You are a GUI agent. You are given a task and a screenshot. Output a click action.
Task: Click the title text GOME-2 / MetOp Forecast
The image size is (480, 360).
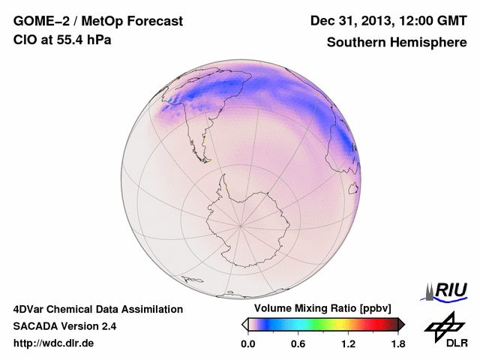[97, 22]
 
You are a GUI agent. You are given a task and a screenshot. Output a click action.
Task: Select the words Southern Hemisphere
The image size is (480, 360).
[397, 43]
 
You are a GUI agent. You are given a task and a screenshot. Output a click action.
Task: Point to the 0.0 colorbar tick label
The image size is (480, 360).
[247, 343]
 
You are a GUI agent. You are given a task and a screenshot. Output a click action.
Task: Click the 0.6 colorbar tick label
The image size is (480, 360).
[298, 343]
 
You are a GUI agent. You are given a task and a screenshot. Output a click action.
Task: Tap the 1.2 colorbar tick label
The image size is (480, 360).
[348, 343]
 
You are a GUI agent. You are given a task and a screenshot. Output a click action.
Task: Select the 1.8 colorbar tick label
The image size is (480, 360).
[398, 343]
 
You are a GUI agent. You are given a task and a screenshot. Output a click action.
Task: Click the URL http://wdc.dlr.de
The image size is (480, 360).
[54, 343]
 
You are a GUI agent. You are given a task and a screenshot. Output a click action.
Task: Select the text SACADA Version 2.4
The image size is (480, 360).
[64, 326]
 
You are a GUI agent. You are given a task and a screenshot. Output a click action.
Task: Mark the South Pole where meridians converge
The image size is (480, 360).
[240, 224]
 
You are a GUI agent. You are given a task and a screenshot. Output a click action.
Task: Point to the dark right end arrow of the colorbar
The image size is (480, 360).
[401, 324]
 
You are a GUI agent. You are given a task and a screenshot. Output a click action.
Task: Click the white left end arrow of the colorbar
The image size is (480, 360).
[244, 324]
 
